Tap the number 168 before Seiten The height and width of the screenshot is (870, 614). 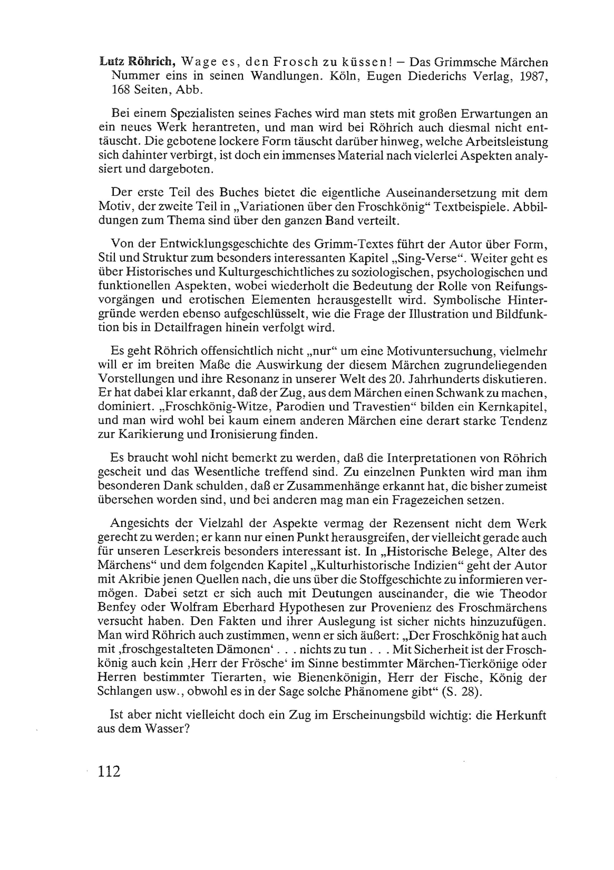point(121,90)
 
